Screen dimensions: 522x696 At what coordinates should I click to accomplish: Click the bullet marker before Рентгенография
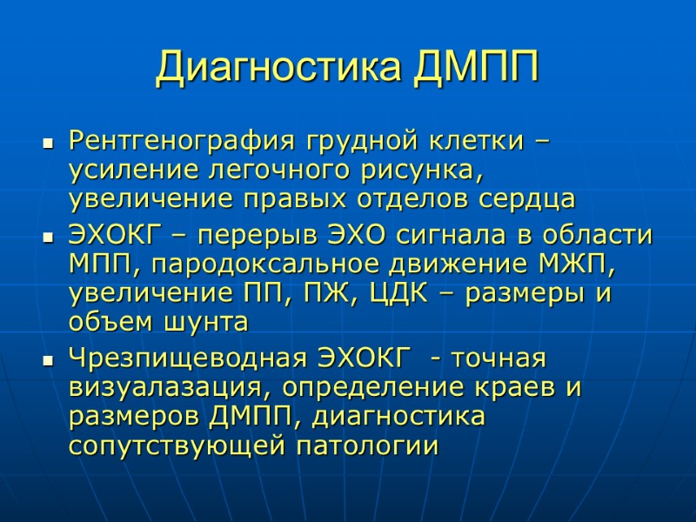[x=48, y=141]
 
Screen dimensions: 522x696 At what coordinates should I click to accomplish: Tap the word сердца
[x=530, y=198]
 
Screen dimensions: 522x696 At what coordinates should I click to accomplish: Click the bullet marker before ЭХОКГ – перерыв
[x=48, y=238]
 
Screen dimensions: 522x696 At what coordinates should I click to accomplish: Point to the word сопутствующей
[x=177, y=446]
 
